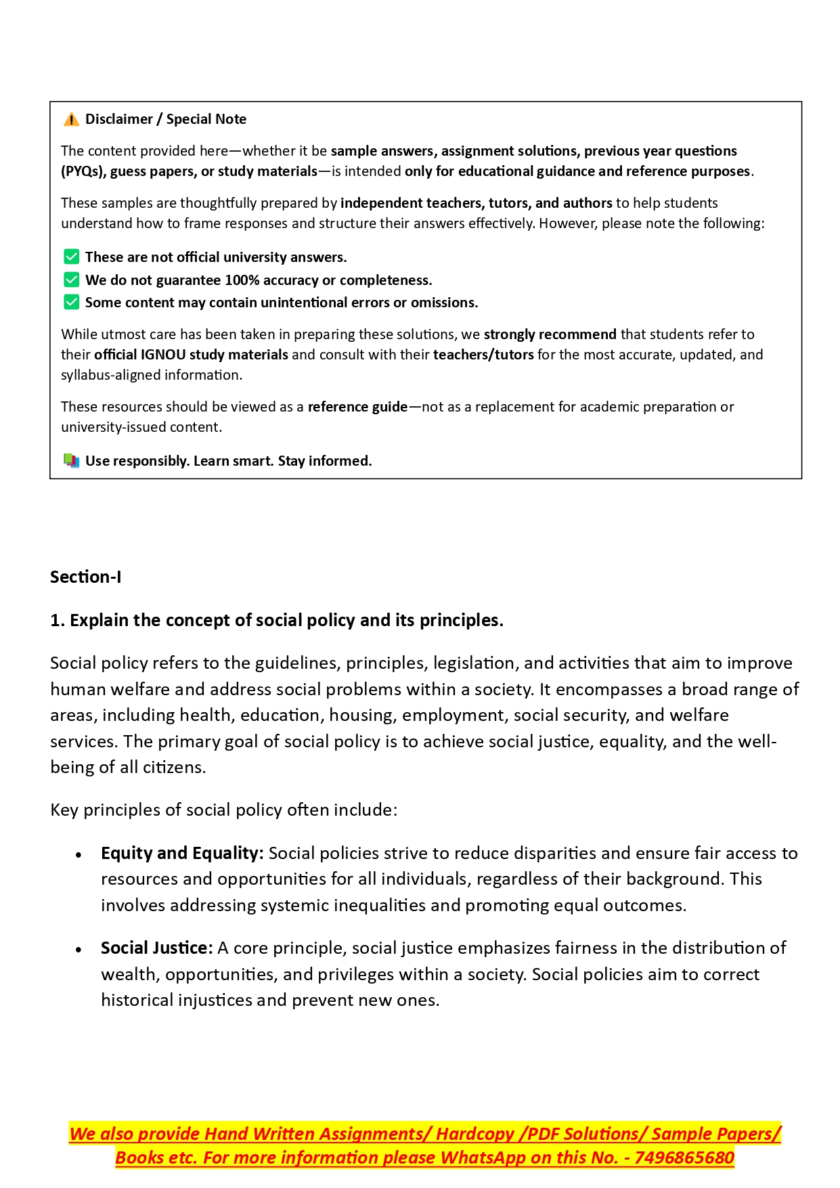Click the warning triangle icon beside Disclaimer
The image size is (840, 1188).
(71, 120)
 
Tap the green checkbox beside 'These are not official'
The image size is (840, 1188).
(71, 257)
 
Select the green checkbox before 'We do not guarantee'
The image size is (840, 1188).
(71, 280)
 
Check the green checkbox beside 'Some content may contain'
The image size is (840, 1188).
(71, 302)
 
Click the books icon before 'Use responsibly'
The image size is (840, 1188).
(71, 461)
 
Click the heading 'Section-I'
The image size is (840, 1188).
(86, 577)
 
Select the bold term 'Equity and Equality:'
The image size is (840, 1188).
(182, 853)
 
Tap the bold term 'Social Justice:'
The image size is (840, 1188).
(157, 948)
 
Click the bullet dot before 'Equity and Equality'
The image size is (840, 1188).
(79, 855)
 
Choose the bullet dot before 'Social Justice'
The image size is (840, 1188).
(79, 950)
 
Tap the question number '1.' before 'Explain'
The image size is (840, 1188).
(58, 620)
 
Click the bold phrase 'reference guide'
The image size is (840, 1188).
(357, 407)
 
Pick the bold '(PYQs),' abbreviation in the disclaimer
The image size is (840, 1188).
(83, 171)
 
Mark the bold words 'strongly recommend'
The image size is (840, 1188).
(550, 334)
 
